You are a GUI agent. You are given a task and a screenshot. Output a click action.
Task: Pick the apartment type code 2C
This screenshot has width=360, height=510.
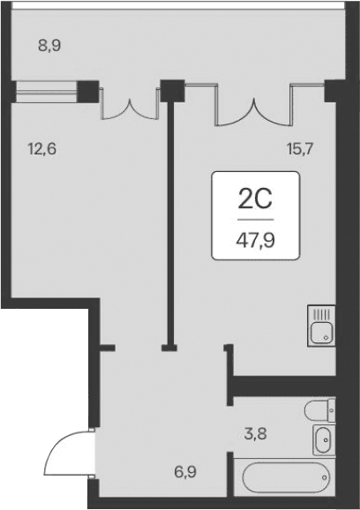coord(256,199)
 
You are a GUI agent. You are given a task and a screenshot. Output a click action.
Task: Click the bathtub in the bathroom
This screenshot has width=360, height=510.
coord(283,478)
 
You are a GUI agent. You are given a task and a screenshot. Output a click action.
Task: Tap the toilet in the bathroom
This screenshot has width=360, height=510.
coord(319,410)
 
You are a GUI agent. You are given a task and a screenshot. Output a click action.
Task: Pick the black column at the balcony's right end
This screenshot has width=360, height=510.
coord(334,90)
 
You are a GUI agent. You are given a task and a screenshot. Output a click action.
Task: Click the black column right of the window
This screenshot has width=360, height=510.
coord(89,89)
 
